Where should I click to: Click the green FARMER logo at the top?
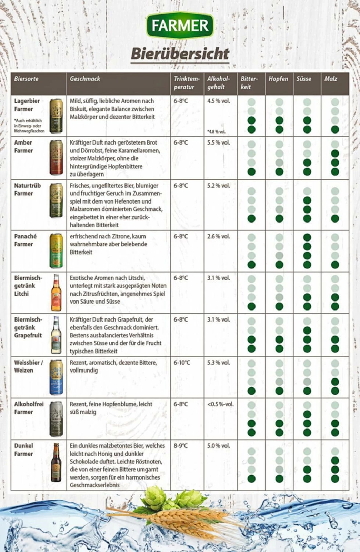[x=180, y=25]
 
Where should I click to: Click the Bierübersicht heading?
[x=180, y=54]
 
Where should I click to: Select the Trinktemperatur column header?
[x=187, y=83]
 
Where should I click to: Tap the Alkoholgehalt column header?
[x=218, y=83]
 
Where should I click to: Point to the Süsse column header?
[x=303, y=79]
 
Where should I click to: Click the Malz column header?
[x=330, y=79]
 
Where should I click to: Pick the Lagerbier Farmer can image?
[x=56, y=116]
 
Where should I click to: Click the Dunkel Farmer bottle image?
[x=56, y=462]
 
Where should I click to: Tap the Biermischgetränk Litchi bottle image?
[x=56, y=293]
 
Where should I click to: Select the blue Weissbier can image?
[x=56, y=377]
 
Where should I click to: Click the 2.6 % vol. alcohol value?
[x=218, y=236]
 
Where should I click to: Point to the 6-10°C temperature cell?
[x=182, y=363]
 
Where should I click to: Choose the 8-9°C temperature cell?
[x=181, y=446]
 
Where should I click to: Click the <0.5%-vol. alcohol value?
[x=220, y=404]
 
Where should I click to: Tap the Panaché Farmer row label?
[x=25, y=240]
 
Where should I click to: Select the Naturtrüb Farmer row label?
[x=27, y=189]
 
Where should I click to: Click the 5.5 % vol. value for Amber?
[x=218, y=142]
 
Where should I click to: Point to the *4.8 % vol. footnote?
[x=216, y=131]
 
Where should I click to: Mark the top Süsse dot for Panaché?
[x=307, y=237]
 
